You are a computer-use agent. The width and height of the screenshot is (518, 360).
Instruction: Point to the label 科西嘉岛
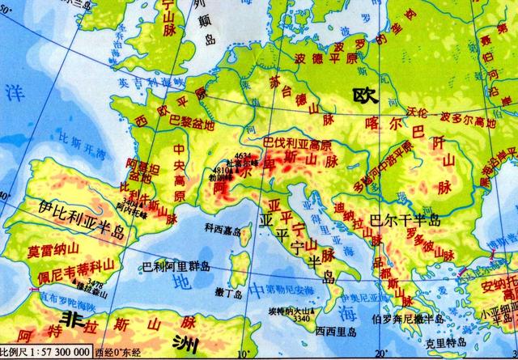click(x=223, y=229)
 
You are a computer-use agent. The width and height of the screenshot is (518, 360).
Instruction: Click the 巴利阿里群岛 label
click(x=176, y=265)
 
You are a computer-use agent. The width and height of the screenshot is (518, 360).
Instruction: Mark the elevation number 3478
click(x=96, y=284)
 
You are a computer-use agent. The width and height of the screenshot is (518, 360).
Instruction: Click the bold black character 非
click(x=76, y=317)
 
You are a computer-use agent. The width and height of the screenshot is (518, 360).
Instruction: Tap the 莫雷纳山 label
click(x=49, y=250)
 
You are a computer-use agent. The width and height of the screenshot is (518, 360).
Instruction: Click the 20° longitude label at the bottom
click(x=380, y=354)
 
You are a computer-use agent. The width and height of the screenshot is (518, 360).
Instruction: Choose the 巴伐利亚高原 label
click(x=297, y=144)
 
